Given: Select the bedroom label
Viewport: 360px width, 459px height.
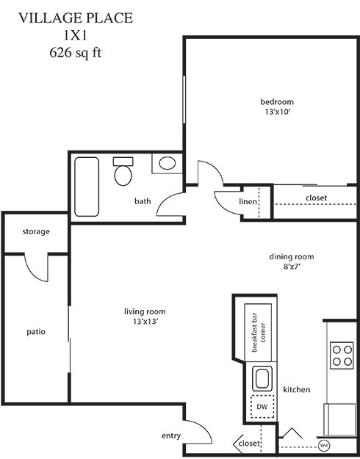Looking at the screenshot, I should pos(276,101).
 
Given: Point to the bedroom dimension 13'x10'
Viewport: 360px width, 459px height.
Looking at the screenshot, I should pos(276,113).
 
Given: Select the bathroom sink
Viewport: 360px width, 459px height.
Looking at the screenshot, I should pos(168,163).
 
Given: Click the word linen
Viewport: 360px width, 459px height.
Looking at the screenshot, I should pos(248,202).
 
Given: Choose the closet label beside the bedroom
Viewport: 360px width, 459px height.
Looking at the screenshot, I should pos(316,198).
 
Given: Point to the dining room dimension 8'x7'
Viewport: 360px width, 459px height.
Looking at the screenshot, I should pos(291,268).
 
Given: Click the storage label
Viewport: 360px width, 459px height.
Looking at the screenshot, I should pos(36,231).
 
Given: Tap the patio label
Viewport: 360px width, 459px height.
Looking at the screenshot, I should pos(36,331).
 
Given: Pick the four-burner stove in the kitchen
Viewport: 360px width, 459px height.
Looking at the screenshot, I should pos(342,355).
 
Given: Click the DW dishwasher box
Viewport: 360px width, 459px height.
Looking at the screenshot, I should pos(262,406).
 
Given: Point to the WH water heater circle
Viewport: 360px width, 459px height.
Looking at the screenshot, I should pos(323,444).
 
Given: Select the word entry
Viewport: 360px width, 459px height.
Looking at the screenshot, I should pos(170,436).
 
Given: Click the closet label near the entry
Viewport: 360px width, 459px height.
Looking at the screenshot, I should pos(250,444).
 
